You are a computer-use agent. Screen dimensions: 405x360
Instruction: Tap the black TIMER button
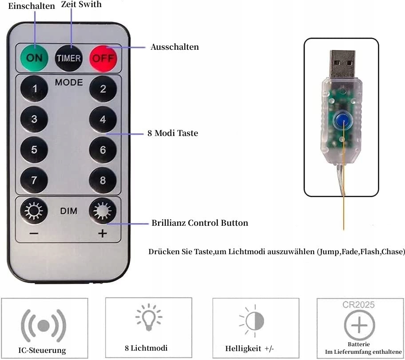pos(69,58)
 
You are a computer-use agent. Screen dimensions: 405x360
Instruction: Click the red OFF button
pos(103,58)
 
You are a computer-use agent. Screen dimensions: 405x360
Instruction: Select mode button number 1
pos(34,88)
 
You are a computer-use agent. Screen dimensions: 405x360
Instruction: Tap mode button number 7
pos(34,180)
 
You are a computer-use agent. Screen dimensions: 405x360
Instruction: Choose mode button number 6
pos(103,150)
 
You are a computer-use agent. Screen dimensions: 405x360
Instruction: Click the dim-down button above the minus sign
pos(34,211)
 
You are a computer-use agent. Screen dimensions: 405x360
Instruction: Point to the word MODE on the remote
pos(69,82)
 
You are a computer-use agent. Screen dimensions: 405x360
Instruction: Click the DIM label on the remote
pos(69,211)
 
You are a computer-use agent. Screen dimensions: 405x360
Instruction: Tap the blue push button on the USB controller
pos(342,119)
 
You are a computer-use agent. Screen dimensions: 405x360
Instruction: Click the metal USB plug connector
pos(342,64)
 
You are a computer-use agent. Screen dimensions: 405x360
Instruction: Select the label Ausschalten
pos(175,47)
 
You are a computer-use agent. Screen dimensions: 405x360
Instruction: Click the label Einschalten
pos(32,6)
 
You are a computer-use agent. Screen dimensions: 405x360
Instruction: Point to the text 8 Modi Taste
pos(173,133)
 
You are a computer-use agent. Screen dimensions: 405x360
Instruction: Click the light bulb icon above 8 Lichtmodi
pos(149,317)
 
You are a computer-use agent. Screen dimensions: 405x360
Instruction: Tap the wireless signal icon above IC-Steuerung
pos(44,325)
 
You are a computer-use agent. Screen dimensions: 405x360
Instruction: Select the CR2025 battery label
pos(358,305)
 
